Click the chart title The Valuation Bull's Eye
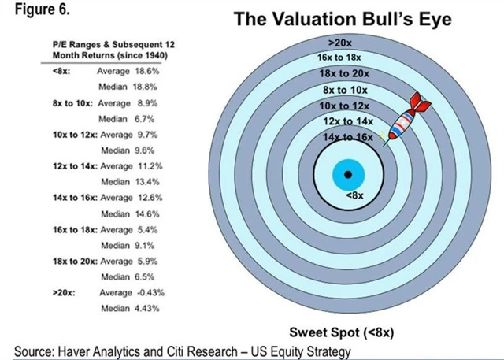[343, 19]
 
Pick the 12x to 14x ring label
[346, 121]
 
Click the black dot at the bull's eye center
[346, 174]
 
